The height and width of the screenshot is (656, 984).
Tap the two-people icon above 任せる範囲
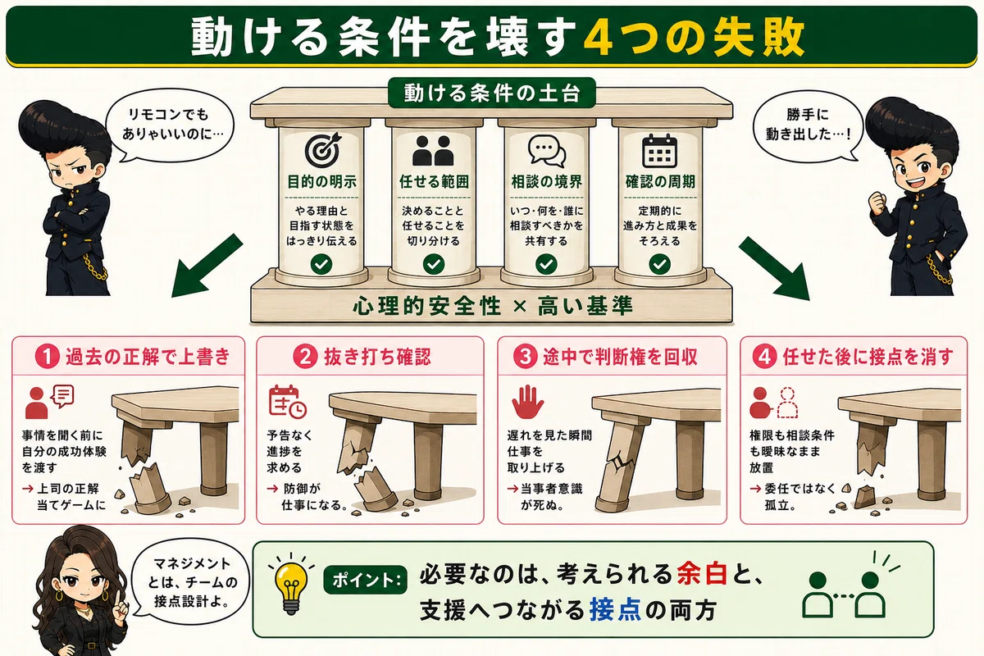(x=433, y=151)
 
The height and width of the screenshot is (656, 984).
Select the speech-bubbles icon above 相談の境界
(x=546, y=151)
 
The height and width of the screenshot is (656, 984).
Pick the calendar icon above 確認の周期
(x=659, y=151)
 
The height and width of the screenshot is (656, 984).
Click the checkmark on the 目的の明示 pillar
(x=321, y=264)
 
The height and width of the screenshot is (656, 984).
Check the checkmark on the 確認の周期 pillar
(x=659, y=264)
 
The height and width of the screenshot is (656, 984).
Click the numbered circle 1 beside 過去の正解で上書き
(x=48, y=357)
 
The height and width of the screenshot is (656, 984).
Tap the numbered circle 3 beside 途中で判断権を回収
(x=526, y=357)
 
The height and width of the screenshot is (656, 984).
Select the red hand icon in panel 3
(x=527, y=402)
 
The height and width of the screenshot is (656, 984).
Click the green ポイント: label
(x=366, y=580)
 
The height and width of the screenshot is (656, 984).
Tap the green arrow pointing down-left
(x=207, y=266)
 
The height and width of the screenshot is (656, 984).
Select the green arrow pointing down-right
(x=774, y=268)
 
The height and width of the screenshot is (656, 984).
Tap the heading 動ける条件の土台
(x=491, y=93)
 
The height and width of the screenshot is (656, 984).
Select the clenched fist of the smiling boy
(x=877, y=203)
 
